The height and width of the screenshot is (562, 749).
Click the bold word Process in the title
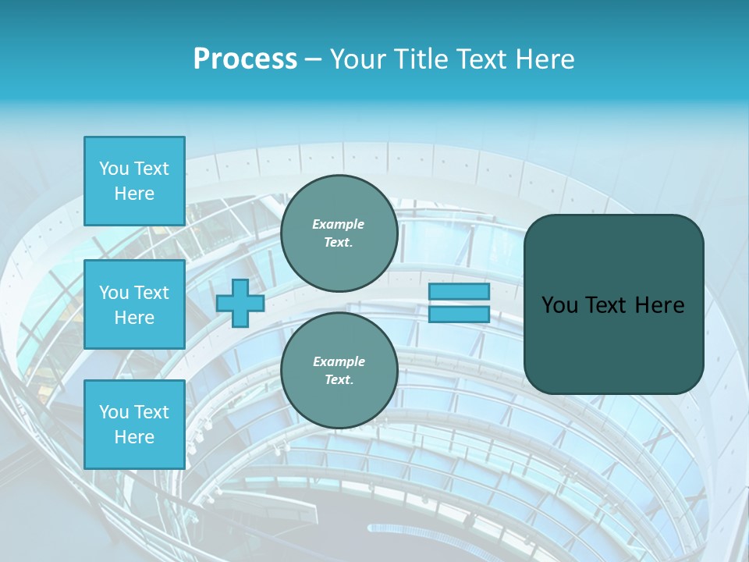tap(245, 59)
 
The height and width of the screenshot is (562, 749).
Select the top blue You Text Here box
tap(134, 181)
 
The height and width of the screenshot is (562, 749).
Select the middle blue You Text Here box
tap(134, 304)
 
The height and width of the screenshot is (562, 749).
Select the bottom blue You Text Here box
tap(134, 425)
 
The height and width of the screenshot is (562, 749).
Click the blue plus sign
tap(240, 304)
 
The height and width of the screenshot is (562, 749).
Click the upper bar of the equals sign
tap(459, 291)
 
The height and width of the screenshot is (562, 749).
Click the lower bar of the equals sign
tap(459, 315)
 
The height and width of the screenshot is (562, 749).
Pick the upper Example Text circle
tap(339, 233)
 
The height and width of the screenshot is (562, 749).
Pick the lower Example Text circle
tap(339, 371)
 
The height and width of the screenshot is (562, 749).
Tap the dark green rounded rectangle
tap(613, 343)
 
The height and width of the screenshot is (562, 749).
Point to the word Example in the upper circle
tap(339, 224)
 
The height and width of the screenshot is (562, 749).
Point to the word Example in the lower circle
tap(339, 361)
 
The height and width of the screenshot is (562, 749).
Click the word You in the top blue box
tap(114, 169)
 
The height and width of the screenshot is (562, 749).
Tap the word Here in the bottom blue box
tap(134, 437)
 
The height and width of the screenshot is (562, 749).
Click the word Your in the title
tap(358, 59)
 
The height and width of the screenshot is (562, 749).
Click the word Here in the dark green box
tap(660, 305)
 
